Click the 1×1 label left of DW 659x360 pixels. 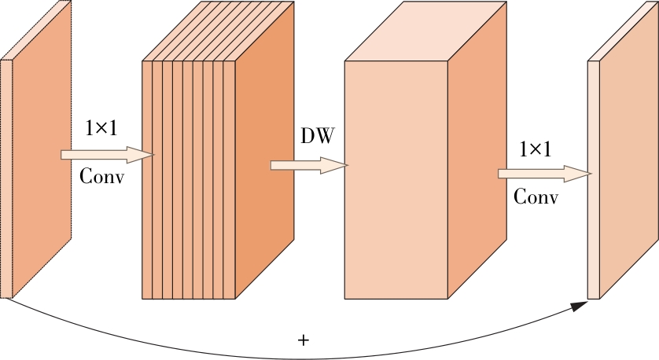[x=101, y=128]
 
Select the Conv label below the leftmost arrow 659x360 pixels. [x=101, y=177]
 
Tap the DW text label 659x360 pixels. [x=317, y=136]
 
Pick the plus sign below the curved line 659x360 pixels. [x=304, y=340]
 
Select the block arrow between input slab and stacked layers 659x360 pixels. [x=107, y=155]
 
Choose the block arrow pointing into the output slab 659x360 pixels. [x=543, y=173]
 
